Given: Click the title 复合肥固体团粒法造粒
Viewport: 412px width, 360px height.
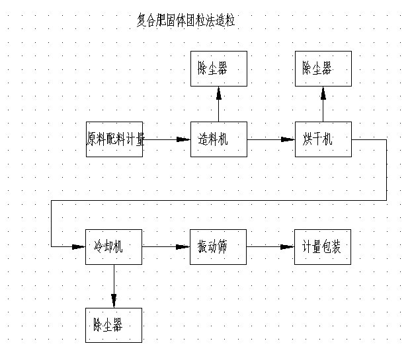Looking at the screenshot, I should coord(185,21).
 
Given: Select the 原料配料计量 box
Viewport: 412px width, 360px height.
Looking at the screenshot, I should coord(114,139).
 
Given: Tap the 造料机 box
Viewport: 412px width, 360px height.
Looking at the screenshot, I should coord(219,139).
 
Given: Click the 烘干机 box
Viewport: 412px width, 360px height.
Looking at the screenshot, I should coord(323,139).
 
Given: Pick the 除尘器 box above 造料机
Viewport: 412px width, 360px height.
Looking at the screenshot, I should coord(219,69).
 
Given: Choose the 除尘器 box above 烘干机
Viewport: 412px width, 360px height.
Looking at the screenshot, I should coord(323,69).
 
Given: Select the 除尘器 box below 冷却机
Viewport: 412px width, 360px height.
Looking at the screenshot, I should coord(114,325).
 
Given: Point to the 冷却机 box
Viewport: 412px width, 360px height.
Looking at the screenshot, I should coord(114,247).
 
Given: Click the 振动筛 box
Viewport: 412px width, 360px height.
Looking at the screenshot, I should coord(219,247).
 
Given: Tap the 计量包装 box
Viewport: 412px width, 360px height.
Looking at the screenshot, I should coord(323,247).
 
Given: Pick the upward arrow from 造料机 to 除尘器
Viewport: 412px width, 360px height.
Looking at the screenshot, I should coord(219,104).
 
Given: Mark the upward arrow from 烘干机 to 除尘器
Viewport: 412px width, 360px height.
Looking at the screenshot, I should coord(323,104).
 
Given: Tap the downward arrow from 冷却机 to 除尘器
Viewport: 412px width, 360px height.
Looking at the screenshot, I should coord(114,285).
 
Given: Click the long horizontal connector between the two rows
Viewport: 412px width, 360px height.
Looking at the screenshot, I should coord(218,199).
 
